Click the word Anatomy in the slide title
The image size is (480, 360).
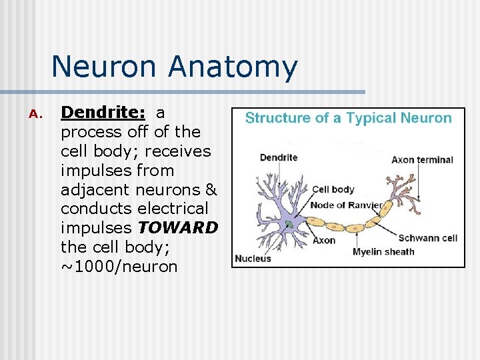point(233,67)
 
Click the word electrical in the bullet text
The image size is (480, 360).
point(173,209)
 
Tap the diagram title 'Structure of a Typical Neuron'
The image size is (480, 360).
point(348,118)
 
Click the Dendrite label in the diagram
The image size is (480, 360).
point(279,158)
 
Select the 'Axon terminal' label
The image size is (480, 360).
point(422,160)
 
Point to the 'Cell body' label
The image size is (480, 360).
point(333,190)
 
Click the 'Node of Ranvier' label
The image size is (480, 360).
point(347,205)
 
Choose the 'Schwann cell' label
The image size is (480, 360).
point(427,238)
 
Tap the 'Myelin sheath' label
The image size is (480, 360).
point(383,251)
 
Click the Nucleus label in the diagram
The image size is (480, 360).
point(253,258)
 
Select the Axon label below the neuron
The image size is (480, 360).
point(323,240)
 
